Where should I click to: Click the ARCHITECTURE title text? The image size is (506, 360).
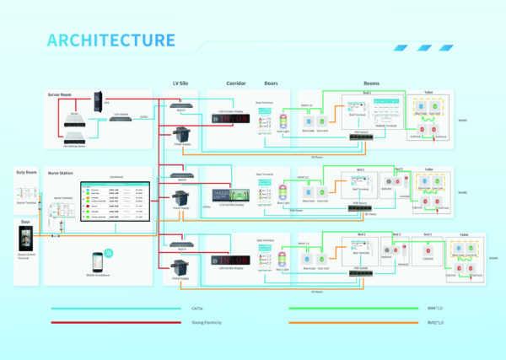click(x=110, y=40)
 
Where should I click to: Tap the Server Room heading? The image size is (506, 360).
click(x=61, y=94)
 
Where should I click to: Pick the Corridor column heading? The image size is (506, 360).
click(x=235, y=83)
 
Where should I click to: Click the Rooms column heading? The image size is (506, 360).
click(x=371, y=83)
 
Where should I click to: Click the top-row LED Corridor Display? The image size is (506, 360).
click(x=229, y=119)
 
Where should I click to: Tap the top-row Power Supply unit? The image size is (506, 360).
click(x=182, y=133)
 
